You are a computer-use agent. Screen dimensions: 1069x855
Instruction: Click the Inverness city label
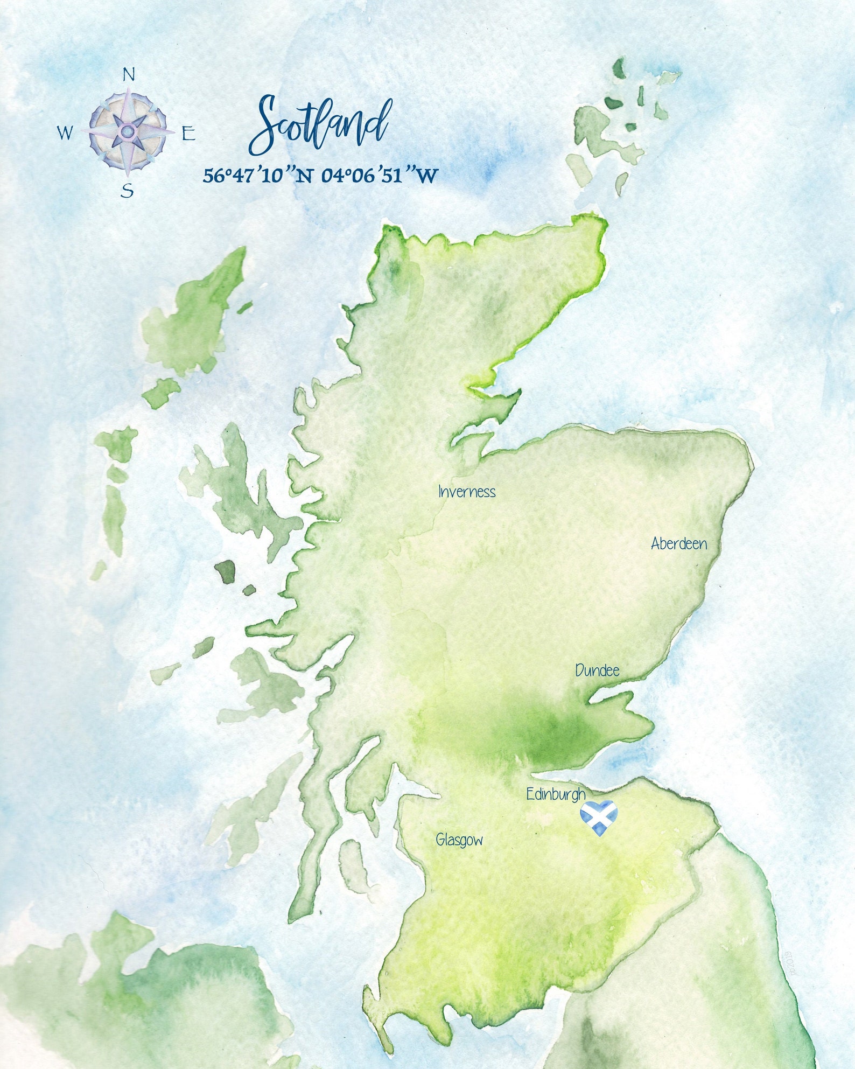(x=466, y=492)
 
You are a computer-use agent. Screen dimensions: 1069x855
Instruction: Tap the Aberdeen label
(x=678, y=543)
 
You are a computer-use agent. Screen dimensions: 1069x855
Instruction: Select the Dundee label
(x=597, y=670)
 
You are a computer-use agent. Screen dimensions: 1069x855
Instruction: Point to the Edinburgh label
(x=556, y=794)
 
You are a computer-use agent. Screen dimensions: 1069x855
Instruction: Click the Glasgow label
(x=459, y=840)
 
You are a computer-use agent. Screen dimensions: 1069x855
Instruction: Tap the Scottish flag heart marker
(x=599, y=818)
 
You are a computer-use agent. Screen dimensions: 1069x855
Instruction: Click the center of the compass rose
(x=128, y=131)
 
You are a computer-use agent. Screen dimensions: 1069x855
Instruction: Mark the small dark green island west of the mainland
(x=226, y=571)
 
